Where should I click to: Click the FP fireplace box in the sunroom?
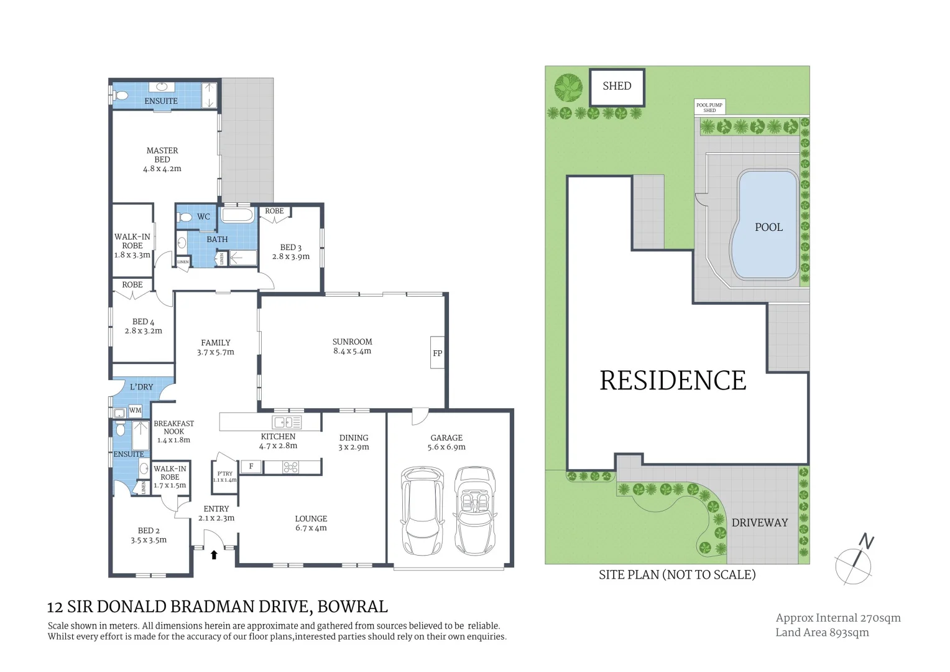(x=438, y=353)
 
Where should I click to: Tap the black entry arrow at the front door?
(x=214, y=554)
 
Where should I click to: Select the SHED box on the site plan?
(x=617, y=86)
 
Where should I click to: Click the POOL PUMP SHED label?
(x=709, y=108)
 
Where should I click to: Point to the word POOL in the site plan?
(x=768, y=228)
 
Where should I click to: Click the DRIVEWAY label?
(x=759, y=523)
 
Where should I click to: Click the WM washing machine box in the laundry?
(x=135, y=411)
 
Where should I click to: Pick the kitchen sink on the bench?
(x=287, y=422)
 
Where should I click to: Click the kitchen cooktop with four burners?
(x=290, y=467)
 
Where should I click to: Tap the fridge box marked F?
(x=251, y=467)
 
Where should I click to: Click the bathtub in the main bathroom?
(x=237, y=216)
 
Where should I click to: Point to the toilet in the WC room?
(x=185, y=217)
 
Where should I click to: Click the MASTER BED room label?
(x=162, y=155)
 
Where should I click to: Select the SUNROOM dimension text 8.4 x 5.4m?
(x=352, y=351)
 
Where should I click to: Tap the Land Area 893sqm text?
(x=822, y=632)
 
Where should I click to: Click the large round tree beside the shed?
(x=568, y=88)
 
